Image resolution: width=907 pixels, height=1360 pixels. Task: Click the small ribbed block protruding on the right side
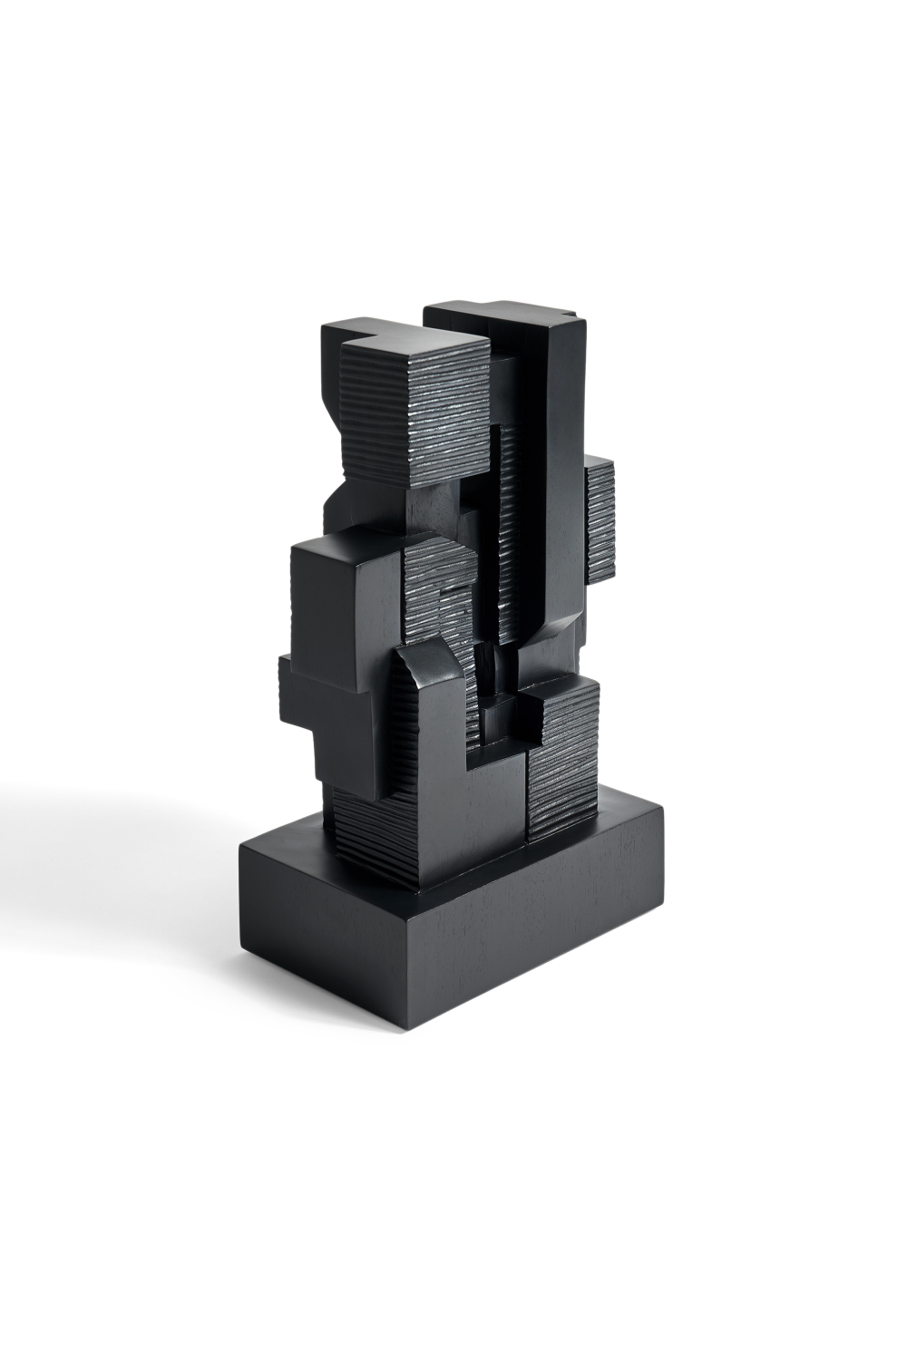600,520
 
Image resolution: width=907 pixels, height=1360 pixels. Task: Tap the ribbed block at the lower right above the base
564,762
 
